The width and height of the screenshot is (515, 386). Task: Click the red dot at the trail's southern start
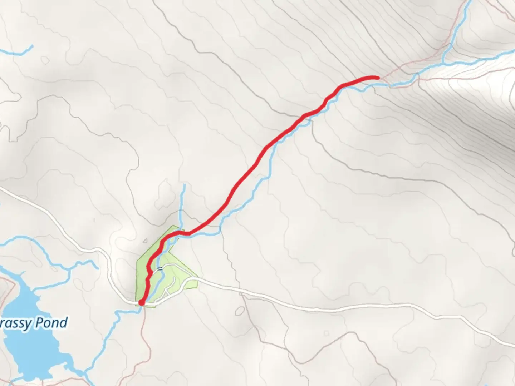pos(141,303)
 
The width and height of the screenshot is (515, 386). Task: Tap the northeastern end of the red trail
pos(377,77)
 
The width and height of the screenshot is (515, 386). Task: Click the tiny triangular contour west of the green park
pos(145,241)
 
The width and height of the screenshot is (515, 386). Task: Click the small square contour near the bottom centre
pos(326,333)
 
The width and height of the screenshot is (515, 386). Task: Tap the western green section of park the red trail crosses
pos(143,272)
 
